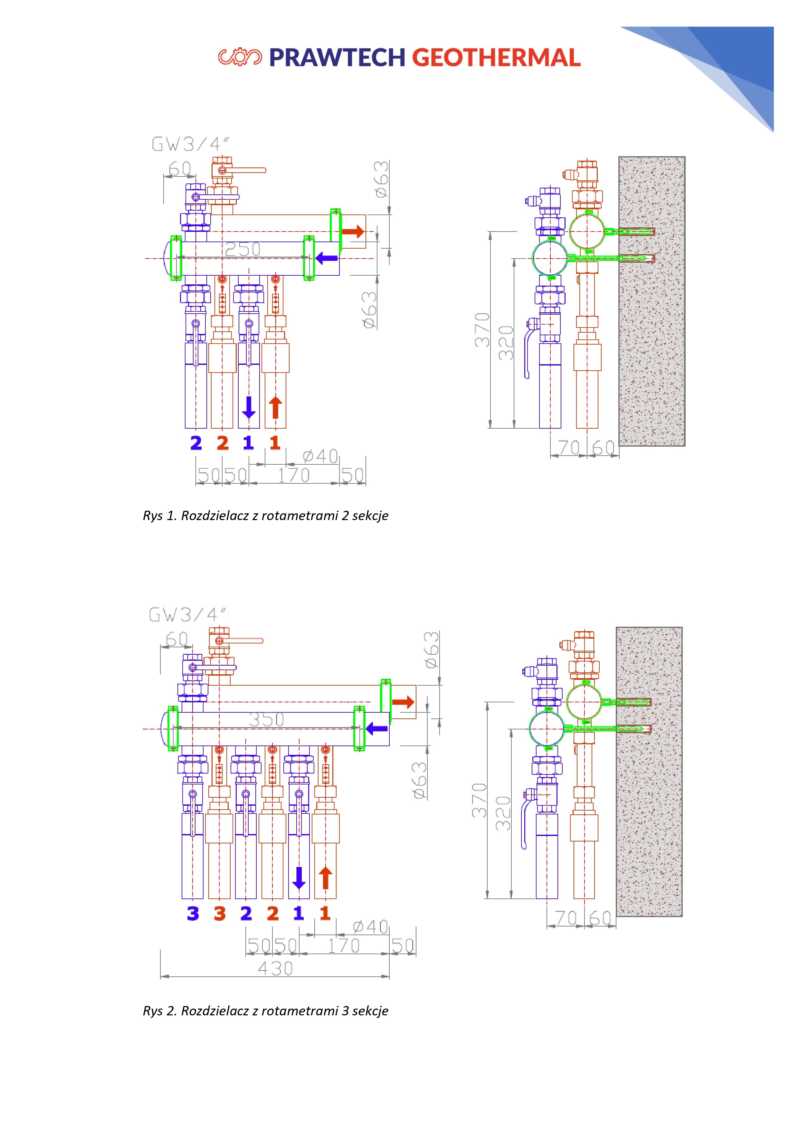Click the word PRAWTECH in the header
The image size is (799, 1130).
coord(337,58)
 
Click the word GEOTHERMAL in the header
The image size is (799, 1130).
coord(496,58)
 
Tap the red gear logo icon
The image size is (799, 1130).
coord(240,57)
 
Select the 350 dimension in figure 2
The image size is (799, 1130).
coord(266,719)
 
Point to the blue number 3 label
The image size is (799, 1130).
coord(193,914)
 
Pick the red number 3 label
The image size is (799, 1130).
coord(220,914)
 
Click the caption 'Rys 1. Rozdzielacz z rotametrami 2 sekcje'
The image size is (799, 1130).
coord(265,515)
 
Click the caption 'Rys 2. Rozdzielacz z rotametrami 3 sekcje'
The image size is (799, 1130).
coord(265,1011)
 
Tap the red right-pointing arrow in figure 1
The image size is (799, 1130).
coord(353,231)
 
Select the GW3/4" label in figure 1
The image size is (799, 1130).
coord(190,144)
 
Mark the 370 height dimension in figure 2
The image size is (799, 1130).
coord(479,800)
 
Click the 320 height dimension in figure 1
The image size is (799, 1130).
coord(506,343)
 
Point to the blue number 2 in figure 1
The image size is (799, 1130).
coord(196,443)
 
